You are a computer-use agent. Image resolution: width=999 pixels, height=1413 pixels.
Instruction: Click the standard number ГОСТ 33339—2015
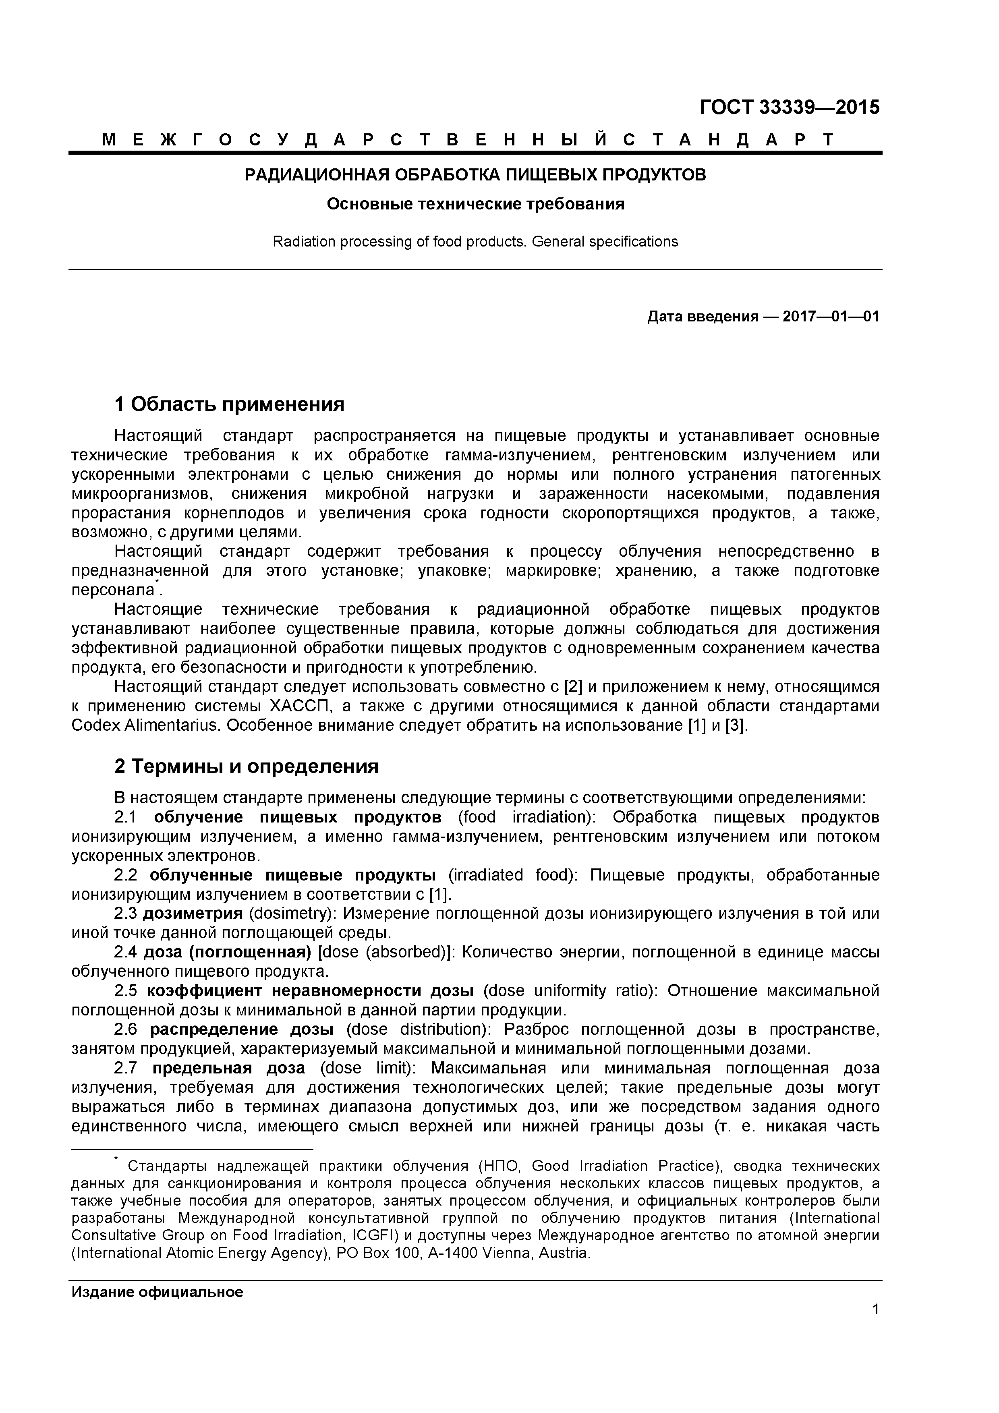click(790, 108)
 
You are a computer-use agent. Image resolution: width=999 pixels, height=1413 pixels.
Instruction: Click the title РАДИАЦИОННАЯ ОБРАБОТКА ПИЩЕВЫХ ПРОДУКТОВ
click(475, 175)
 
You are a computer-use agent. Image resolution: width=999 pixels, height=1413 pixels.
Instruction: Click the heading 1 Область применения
click(229, 404)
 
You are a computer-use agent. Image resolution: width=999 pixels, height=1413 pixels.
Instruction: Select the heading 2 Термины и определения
click(246, 766)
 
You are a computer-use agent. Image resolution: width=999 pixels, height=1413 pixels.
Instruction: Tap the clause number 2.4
click(125, 952)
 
